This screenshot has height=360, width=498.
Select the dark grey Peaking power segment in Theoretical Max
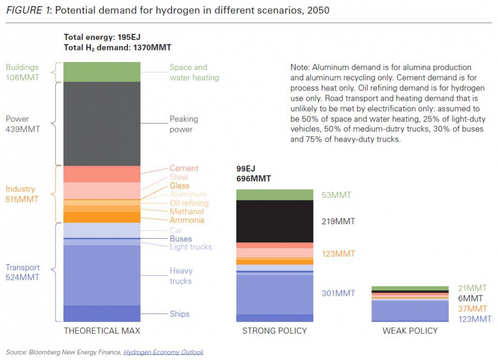102,124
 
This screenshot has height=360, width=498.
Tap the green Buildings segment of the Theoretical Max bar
102,72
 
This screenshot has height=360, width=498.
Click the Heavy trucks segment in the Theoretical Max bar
102,275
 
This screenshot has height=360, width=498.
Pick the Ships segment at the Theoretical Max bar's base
102,313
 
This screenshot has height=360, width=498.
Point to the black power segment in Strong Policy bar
274,221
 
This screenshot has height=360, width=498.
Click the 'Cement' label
184,168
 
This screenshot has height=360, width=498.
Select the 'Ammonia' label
186,220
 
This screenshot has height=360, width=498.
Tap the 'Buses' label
181,239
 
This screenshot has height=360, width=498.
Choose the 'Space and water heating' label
194,73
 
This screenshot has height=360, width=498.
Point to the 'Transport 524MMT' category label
23,272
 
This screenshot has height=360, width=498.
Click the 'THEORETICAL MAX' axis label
102,331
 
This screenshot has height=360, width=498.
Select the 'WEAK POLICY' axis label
410,331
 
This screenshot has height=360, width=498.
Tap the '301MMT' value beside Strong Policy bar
338,294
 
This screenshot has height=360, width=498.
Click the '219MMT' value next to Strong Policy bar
338,222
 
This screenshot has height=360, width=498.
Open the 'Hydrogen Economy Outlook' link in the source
163,352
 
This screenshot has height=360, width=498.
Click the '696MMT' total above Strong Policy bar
253,179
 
